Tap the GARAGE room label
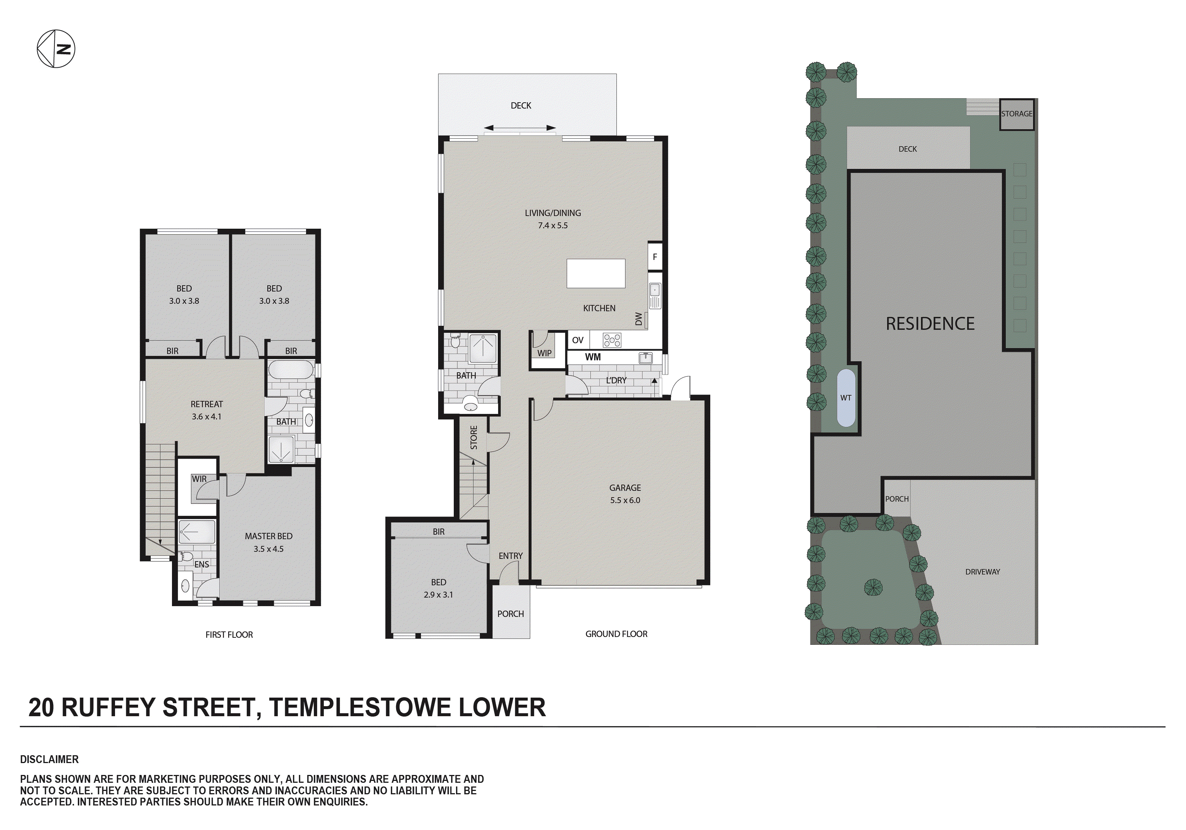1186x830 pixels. pos(625,488)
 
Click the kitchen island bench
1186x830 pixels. pos(596,274)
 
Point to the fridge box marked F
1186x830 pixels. pos(654,257)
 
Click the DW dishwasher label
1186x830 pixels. pos(638,319)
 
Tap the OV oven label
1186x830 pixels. pos(577,340)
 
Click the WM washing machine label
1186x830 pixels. pos(593,357)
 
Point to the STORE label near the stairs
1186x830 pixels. pos(474,437)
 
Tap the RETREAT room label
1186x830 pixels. pos(207,404)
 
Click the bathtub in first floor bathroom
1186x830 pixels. pos(291,371)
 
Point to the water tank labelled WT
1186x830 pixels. pos(846,398)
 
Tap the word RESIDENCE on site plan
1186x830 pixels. pos(930,324)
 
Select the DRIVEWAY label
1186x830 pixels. pos(982,572)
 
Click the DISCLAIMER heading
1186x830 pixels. pos(49,759)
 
